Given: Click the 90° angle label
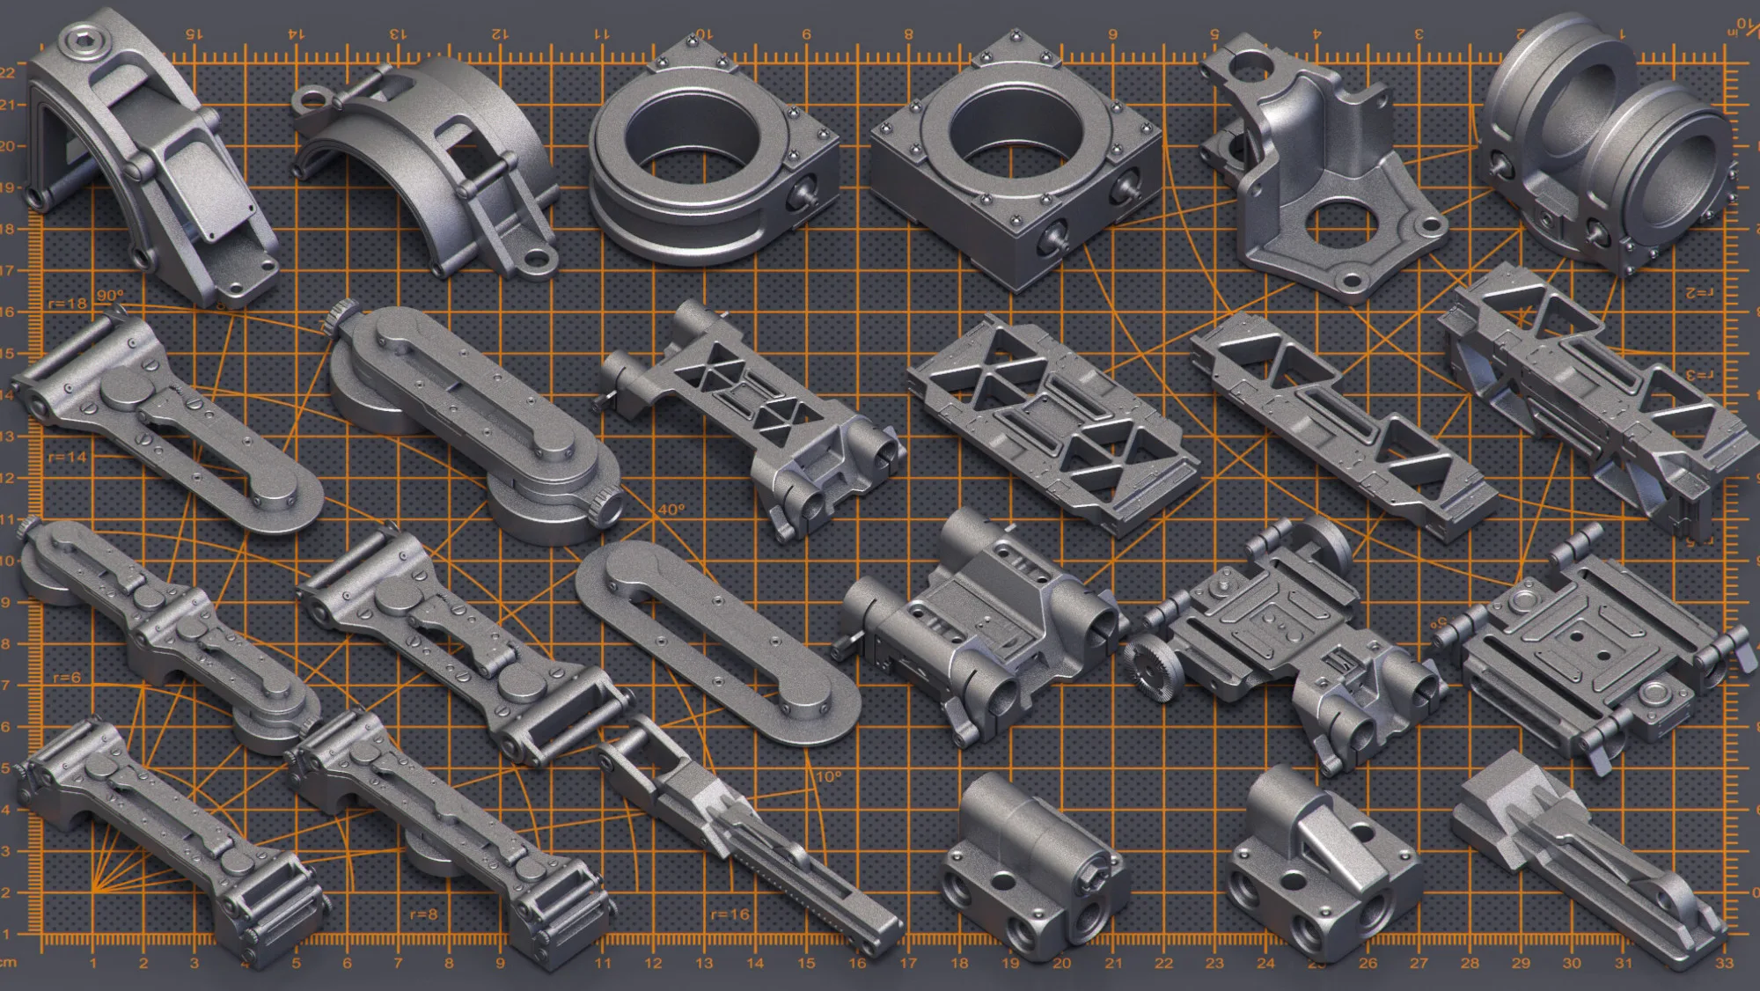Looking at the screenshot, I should (110, 295).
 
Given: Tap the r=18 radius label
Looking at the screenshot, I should (68, 304).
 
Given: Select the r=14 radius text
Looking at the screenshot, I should (67, 457).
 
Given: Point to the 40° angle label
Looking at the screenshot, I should (671, 510).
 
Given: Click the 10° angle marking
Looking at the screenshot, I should (828, 776).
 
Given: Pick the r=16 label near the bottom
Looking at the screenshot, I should (730, 914).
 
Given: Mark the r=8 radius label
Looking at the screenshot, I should (423, 914).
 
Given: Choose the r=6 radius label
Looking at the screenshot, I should (67, 678).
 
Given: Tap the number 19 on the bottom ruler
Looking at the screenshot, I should (1010, 963).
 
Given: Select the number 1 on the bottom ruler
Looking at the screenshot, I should (92, 963).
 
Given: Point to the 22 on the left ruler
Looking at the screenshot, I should (8, 72).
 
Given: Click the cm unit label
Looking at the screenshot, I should (8, 963).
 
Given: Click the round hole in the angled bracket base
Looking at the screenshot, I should (1339, 225).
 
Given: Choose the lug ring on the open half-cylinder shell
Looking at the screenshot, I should (311, 99).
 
